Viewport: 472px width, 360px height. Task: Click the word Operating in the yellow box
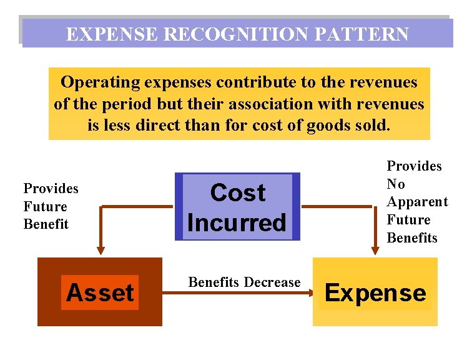click(x=100, y=82)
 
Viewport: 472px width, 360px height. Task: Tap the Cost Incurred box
click(x=237, y=207)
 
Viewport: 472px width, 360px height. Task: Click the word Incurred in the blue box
click(x=237, y=222)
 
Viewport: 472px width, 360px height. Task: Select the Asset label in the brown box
click(x=100, y=292)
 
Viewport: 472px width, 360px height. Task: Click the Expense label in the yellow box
click(x=375, y=292)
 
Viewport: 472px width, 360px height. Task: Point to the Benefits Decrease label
click(x=244, y=282)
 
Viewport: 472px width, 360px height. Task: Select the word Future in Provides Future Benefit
click(x=45, y=206)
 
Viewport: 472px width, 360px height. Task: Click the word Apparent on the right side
click(x=417, y=202)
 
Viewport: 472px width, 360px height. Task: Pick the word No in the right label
click(x=396, y=184)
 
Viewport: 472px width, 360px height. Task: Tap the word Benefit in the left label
click(x=46, y=224)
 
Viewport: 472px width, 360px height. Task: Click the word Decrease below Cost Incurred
click(x=272, y=282)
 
